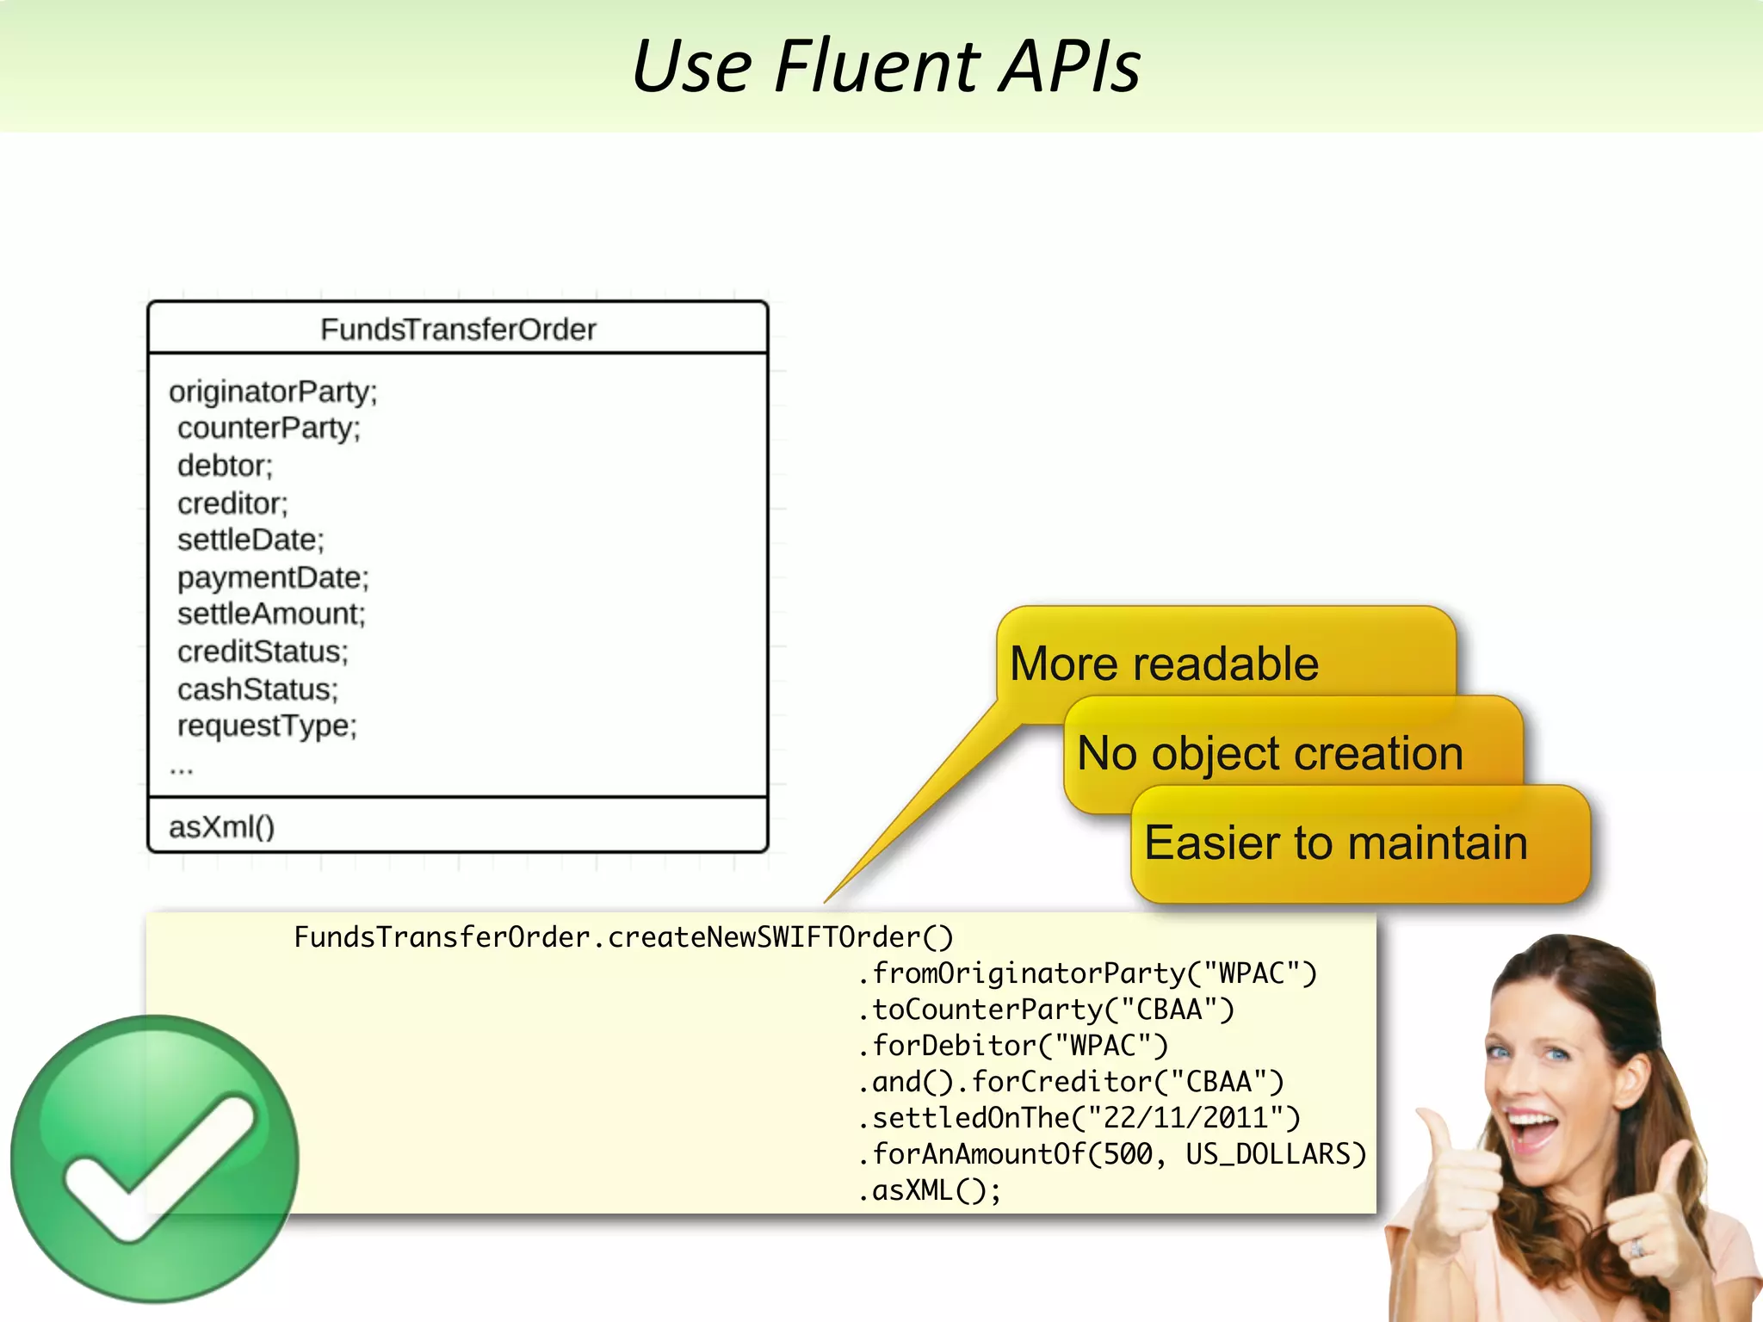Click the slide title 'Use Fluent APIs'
click(886, 66)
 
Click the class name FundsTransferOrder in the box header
click(458, 330)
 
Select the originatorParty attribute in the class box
click(273, 392)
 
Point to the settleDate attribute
click(251, 541)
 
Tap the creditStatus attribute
click(263, 652)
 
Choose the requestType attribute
click(267, 726)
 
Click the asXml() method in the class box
click(222, 827)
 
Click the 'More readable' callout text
click(1164, 664)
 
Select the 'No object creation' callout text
click(1270, 754)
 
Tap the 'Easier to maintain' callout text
click(1336, 843)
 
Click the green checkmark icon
click(155, 1158)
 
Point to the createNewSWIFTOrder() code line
click(623, 937)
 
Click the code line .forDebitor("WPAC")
click(1013, 1046)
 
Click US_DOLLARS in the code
click(1275, 1154)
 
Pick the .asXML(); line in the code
click(930, 1191)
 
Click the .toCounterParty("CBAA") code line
click(1046, 1010)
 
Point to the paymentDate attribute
click(273, 578)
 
